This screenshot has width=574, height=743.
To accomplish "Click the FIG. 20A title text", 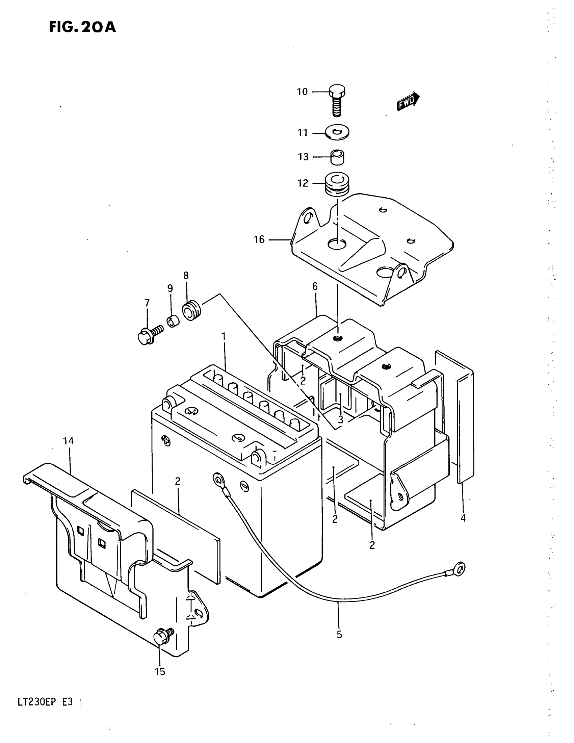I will pyautogui.click(x=82, y=27).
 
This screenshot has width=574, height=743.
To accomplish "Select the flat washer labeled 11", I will pyautogui.click(x=337, y=132).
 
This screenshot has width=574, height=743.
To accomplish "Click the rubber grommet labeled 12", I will pyautogui.click(x=337, y=184).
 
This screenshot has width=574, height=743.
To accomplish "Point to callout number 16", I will pyautogui.click(x=259, y=239).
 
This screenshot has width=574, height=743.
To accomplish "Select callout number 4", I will pyautogui.click(x=463, y=518).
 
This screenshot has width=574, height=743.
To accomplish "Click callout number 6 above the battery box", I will pyautogui.click(x=315, y=287).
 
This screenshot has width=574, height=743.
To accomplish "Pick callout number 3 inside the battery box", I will pyautogui.click(x=341, y=419).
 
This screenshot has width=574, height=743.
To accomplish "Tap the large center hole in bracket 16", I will pyautogui.click(x=337, y=244).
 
